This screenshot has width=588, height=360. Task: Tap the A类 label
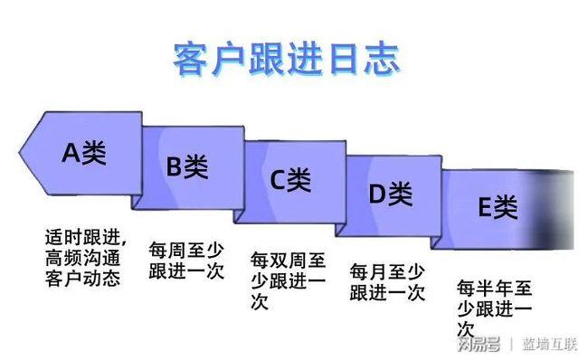point(84,153)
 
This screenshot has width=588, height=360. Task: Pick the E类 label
point(497,208)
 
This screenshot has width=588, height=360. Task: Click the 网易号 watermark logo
point(479,345)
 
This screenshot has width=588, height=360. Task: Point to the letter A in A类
point(71,153)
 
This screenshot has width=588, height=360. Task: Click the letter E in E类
point(484,208)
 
